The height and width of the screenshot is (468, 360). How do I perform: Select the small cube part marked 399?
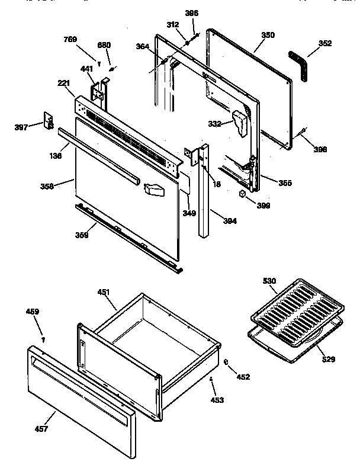click(243, 193)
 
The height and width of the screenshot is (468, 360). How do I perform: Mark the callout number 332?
click(214, 124)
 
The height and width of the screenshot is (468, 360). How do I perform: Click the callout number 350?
click(268, 36)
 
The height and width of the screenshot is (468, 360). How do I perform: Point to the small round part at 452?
click(227, 362)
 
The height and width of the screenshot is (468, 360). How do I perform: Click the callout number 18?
click(217, 185)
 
